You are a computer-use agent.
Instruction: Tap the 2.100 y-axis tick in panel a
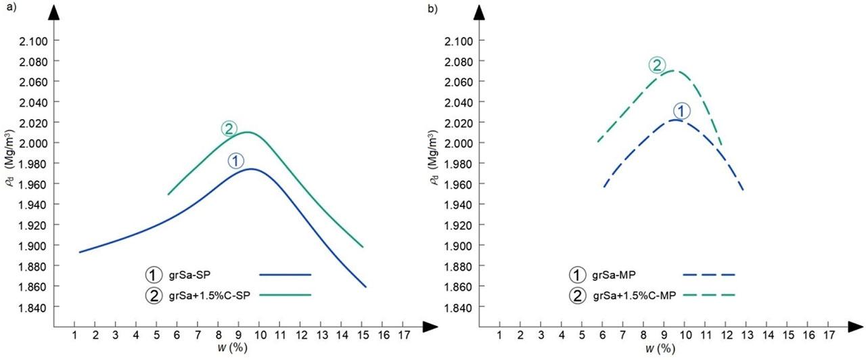[x=34, y=41]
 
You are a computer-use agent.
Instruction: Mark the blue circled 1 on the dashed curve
[x=681, y=111]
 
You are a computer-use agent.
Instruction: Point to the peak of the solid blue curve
[x=251, y=168]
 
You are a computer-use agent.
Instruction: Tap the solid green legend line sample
[x=285, y=295]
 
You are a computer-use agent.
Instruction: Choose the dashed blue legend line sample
[x=709, y=275]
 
